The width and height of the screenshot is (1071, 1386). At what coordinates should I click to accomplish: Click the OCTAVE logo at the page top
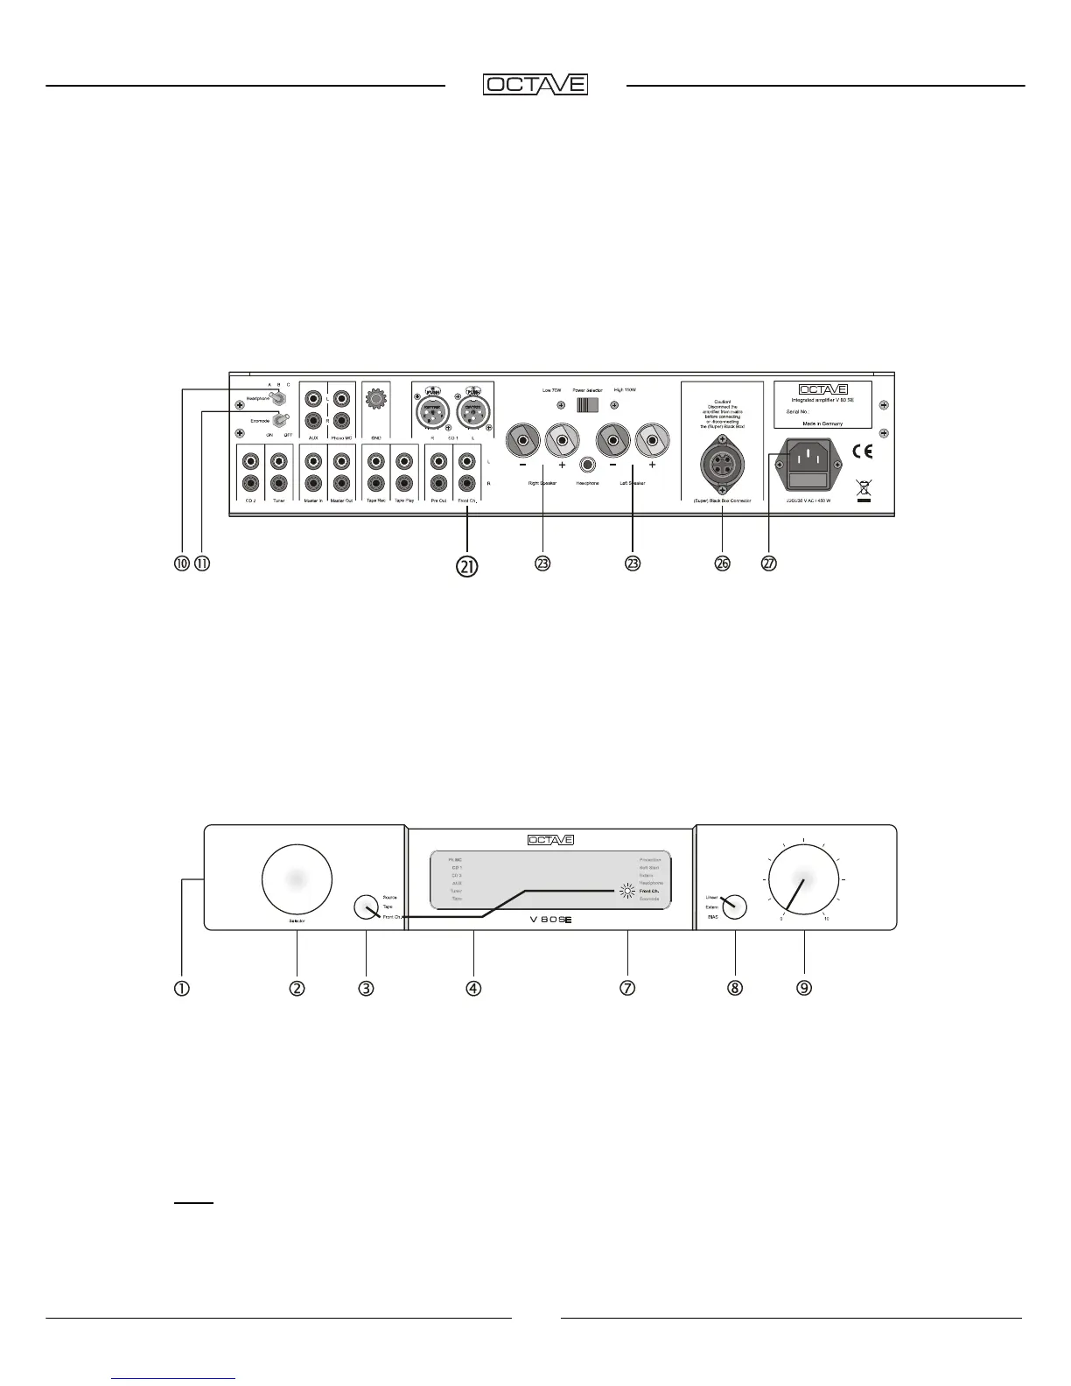pos(535,85)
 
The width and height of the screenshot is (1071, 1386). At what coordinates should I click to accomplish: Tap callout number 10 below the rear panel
pos(182,563)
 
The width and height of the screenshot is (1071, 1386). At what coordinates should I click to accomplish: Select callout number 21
pos(467,566)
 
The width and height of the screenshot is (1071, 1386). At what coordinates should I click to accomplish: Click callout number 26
pos(722,563)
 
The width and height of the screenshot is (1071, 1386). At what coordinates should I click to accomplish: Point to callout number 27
pos(768,563)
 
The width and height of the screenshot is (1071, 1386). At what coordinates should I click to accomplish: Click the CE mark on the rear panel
pos(862,451)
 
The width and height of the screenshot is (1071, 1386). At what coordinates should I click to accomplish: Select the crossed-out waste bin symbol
pos(863,492)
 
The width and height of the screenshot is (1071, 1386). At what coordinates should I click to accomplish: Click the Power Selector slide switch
pos(587,405)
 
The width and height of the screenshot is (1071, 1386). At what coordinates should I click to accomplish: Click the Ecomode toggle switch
pos(280,422)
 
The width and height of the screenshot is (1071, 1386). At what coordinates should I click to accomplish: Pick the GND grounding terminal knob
pos(376,401)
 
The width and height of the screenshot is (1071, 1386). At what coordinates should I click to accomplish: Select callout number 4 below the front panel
pos(472,988)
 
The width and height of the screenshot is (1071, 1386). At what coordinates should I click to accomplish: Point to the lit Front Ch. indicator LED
pos(626,892)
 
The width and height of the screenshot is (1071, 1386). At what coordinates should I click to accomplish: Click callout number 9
pos(803,988)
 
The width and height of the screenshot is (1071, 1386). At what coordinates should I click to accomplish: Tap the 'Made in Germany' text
pos(822,423)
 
